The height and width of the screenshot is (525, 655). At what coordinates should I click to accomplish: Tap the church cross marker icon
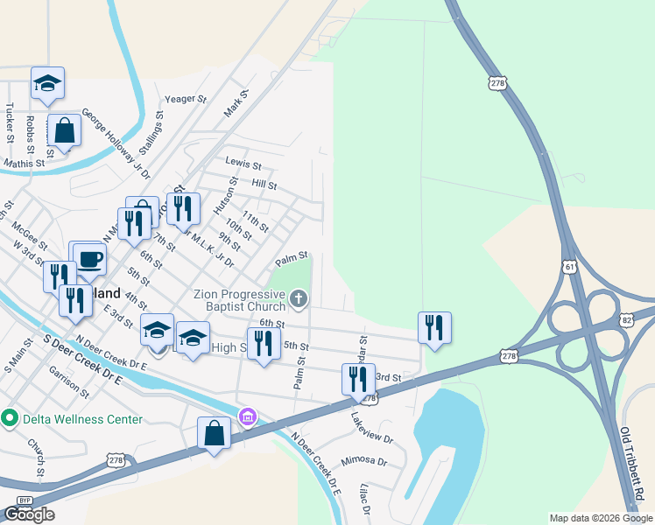pos(299,300)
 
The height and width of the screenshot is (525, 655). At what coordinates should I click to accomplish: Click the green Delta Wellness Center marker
pos(10,418)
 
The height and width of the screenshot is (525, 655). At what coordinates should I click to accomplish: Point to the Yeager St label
pos(185,100)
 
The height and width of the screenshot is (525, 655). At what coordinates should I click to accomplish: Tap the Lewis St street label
pos(243,164)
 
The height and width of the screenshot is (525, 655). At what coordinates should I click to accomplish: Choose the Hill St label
pos(264,185)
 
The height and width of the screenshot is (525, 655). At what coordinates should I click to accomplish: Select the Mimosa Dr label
pos(364,459)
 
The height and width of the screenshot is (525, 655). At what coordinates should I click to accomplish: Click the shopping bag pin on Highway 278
pos(215,432)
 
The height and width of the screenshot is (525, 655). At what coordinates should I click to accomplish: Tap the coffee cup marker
pos(90,258)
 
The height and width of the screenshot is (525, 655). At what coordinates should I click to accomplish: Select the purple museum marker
pos(248,415)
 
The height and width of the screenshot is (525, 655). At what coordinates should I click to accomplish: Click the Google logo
pos(30,514)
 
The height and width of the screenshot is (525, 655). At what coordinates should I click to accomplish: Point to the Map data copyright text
pos(600,518)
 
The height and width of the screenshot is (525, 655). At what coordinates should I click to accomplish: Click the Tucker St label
pos(9,122)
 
